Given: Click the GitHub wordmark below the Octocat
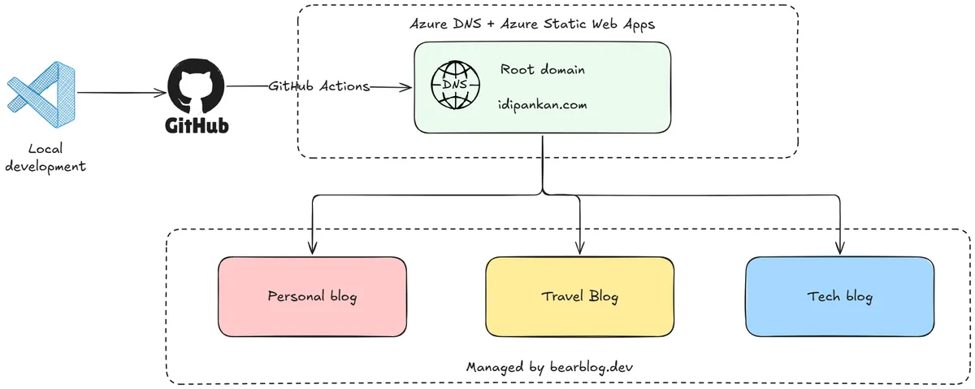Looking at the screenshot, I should click(x=197, y=126).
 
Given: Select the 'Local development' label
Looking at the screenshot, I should click(x=45, y=158).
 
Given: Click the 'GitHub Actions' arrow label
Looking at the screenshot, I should click(x=319, y=86).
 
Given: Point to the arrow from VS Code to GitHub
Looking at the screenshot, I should click(x=122, y=93).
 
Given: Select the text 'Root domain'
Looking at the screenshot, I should click(x=542, y=70).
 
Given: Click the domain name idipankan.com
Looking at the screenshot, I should click(x=542, y=105).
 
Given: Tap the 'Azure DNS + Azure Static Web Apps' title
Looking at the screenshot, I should click(x=532, y=24).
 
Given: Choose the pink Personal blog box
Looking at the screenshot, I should click(x=312, y=296).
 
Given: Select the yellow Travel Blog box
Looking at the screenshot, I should click(x=579, y=296).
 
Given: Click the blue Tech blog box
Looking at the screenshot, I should click(x=839, y=296).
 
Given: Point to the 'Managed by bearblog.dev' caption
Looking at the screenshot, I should click(x=549, y=367).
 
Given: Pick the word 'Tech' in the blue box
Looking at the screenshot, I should click(x=823, y=296).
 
